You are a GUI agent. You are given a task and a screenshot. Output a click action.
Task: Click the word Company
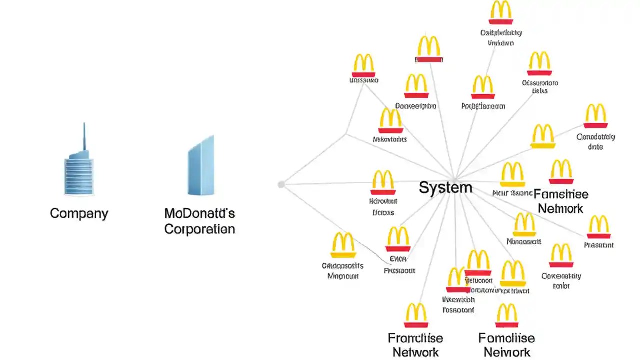(x=79, y=214)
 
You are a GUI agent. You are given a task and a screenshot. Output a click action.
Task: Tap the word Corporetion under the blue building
(x=199, y=229)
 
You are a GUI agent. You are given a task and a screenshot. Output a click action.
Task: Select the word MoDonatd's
(x=199, y=214)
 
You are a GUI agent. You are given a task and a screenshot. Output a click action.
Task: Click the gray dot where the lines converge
(x=281, y=184)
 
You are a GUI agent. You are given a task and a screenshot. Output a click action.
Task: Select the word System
(x=445, y=188)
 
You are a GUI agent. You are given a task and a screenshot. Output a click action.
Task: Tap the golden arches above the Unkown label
(x=501, y=12)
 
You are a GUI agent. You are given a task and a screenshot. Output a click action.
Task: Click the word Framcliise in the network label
(x=415, y=338)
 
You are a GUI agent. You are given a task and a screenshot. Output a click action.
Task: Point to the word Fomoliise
(x=507, y=338)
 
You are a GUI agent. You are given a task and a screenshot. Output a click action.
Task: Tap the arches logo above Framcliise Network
(x=416, y=315)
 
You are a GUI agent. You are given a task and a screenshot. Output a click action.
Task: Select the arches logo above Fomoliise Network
(x=507, y=315)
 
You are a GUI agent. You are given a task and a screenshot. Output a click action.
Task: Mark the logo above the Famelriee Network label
(x=561, y=172)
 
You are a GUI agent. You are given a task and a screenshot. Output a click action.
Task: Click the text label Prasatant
(x=599, y=245)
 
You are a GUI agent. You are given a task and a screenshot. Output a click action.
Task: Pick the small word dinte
(x=595, y=147)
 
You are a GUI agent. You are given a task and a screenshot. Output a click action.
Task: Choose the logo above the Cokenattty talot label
(x=561, y=255)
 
